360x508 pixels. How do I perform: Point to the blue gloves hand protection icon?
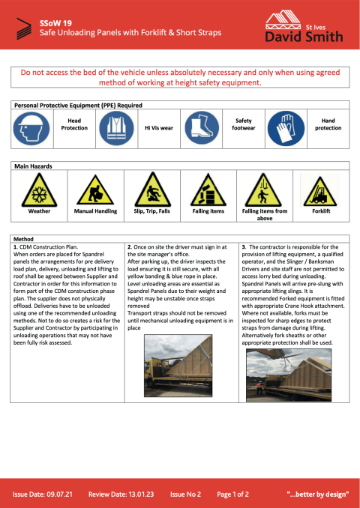[286, 128]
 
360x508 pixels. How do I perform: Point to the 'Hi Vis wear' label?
[159, 128]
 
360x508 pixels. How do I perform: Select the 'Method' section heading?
[24, 238]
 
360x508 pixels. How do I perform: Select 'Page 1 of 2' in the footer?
[233, 495]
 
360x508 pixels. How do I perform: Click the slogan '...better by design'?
[318, 495]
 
